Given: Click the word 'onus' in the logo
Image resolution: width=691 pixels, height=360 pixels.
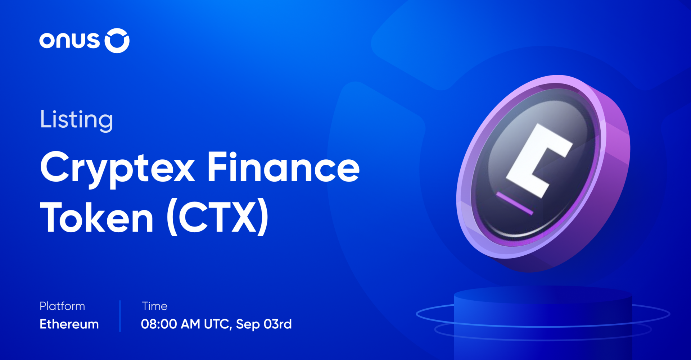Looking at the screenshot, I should [69, 40].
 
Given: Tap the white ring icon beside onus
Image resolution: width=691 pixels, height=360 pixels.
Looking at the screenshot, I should [117, 41].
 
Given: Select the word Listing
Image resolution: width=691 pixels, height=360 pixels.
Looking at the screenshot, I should [76, 119].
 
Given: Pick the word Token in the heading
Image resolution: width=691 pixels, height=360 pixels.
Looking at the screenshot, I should [97, 218].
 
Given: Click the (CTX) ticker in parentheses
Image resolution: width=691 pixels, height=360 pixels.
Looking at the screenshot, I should [217, 217].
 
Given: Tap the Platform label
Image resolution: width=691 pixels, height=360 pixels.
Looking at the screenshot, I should [62, 306].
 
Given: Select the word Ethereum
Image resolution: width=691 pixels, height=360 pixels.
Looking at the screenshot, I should [69, 324].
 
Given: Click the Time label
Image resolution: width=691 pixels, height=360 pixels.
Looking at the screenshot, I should [155, 306].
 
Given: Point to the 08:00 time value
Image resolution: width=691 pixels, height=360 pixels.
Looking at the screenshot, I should [158, 324].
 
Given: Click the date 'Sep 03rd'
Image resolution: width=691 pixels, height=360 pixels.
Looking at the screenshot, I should [263, 324].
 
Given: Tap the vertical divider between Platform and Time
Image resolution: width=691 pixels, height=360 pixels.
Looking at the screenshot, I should [120, 316].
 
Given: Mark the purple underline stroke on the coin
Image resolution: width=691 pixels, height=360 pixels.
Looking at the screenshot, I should [515, 203].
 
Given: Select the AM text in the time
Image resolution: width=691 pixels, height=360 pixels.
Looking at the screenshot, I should [190, 324].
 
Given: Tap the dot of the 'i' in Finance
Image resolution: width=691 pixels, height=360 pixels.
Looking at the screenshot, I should [232, 154].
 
